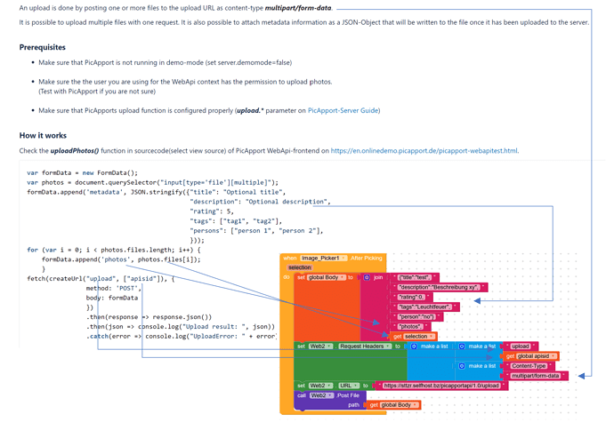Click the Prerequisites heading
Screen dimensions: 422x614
tap(42, 47)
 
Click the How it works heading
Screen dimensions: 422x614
tap(43, 135)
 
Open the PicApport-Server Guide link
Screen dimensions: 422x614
tap(343, 110)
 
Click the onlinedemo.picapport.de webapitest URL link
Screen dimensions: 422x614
tap(424, 151)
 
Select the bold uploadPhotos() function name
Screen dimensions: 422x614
tap(74, 151)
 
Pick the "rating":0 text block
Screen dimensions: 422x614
tap(411, 297)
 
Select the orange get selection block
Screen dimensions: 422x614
tap(414, 336)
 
